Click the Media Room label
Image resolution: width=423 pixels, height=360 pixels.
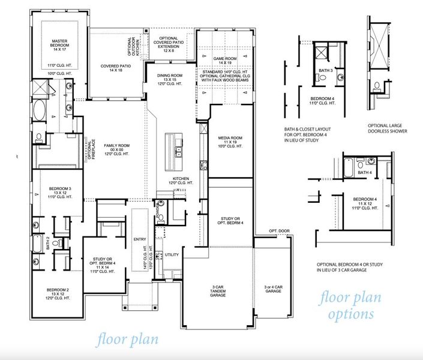coord(230,141)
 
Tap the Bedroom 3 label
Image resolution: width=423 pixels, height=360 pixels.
coord(60,193)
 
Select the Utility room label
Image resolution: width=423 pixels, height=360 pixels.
coord(172,255)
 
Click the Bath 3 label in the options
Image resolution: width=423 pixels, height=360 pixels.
coord(325,70)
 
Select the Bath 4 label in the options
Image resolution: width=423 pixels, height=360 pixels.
coord(364,172)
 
